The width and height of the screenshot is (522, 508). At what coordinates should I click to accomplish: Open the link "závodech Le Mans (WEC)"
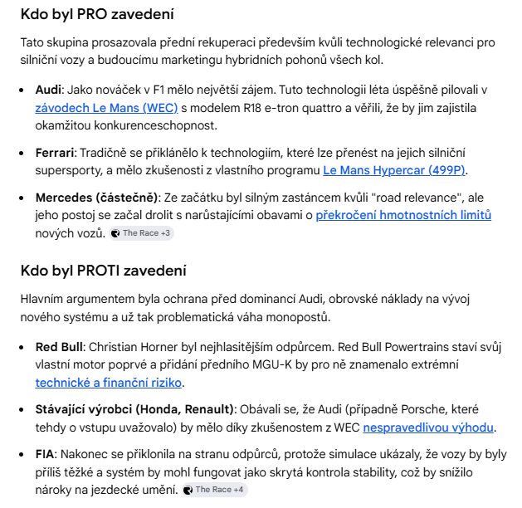(106, 108)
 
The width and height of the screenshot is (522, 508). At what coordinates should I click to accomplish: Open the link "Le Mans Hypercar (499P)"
(394, 171)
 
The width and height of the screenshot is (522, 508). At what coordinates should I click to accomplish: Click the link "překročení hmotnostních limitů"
(403, 216)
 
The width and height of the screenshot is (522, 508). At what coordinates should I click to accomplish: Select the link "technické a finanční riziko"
(109, 383)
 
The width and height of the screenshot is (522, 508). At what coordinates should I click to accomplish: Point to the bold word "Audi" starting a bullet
(48, 90)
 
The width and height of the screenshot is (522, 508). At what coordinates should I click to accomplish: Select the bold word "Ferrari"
(55, 153)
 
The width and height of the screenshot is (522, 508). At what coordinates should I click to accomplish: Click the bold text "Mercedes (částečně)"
(96, 198)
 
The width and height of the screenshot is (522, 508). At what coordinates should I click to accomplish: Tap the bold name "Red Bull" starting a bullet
(57, 346)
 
